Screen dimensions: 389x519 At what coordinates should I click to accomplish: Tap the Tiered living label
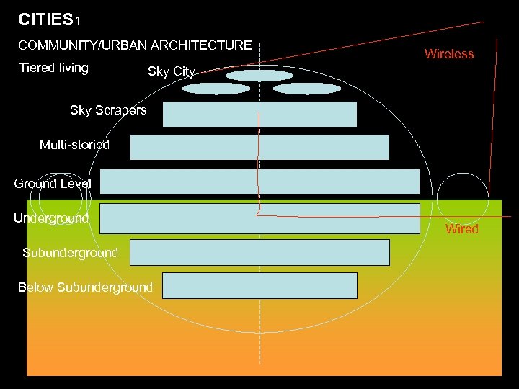coord(53,68)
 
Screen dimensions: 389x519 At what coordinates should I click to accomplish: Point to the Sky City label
coord(171,71)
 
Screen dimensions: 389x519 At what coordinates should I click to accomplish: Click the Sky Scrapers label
coord(108,110)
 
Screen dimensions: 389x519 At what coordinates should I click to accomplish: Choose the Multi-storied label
coord(74,145)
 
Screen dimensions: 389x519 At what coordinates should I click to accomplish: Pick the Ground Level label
coord(53,184)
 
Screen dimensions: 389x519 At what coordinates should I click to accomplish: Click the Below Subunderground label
coord(85,287)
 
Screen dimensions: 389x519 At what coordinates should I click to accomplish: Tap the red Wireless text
coord(449,54)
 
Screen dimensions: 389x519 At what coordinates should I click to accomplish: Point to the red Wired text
coord(462,229)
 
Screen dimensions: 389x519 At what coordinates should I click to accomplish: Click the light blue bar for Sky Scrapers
coord(259,114)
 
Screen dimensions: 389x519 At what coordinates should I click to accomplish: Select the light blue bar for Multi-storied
coord(259,147)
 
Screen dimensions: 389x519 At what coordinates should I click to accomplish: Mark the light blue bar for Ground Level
coord(259,182)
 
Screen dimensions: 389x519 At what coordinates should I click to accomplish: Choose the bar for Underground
coord(259,218)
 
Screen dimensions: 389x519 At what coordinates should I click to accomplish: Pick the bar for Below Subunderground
coord(259,285)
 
